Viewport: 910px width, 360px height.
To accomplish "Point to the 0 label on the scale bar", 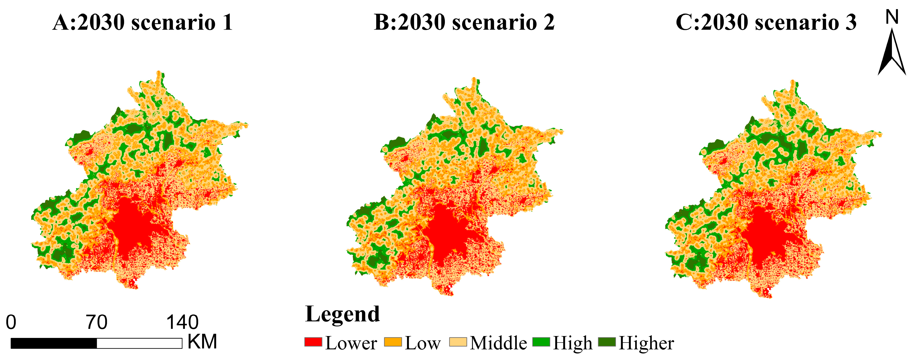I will click(x=11, y=322).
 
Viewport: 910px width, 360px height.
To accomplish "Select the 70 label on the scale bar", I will click(x=96, y=322).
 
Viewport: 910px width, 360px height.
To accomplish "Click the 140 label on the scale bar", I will click(x=182, y=322).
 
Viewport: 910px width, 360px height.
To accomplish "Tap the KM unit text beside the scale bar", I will click(x=202, y=341).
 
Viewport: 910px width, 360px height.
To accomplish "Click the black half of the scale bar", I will click(x=54, y=343).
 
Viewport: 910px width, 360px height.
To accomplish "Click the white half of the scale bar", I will click(x=139, y=343).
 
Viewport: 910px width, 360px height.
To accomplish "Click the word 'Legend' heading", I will click(x=342, y=314).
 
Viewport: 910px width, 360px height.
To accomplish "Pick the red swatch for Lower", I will click(x=313, y=342).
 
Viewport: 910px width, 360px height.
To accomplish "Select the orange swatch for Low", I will click(x=393, y=342).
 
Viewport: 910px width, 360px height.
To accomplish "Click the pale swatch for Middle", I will click(x=458, y=342).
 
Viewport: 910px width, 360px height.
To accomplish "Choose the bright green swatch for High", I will click(x=541, y=342).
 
